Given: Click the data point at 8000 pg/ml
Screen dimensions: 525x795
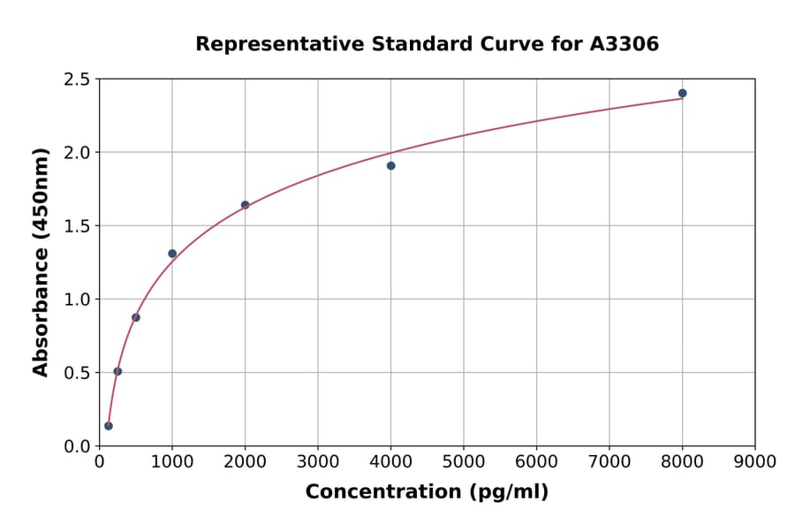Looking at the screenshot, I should (682, 93).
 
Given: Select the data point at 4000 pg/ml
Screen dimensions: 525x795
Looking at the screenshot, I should (390, 165).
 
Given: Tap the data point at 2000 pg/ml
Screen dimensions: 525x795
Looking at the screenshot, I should (245, 204).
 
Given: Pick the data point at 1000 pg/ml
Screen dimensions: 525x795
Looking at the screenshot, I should (172, 254).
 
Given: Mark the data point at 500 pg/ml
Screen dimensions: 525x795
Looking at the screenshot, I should (136, 317).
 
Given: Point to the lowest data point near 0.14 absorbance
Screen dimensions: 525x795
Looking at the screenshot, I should (109, 426).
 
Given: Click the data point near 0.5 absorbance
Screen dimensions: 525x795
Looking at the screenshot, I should (117, 371).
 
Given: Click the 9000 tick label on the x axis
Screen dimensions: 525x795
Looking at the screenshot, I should (755, 461).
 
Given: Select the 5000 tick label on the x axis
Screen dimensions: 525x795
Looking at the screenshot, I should (464, 461).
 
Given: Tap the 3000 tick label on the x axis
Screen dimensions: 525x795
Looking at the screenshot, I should (318, 461).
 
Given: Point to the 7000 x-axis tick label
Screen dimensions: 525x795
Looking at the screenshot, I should (609, 461).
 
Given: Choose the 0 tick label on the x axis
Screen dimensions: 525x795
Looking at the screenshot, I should (99, 461).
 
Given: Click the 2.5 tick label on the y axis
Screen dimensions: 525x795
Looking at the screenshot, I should (76, 80).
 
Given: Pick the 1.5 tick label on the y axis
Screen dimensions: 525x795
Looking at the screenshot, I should (76, 226).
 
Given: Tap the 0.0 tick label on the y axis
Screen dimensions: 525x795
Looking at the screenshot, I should (76, 446).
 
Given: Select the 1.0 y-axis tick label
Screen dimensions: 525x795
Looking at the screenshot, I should (76, 300).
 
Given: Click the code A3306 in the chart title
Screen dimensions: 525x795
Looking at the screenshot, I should (624, 43).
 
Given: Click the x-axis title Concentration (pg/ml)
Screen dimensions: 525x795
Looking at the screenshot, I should (427, 491).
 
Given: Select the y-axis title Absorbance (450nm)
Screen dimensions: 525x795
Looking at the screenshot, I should (41, 262).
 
